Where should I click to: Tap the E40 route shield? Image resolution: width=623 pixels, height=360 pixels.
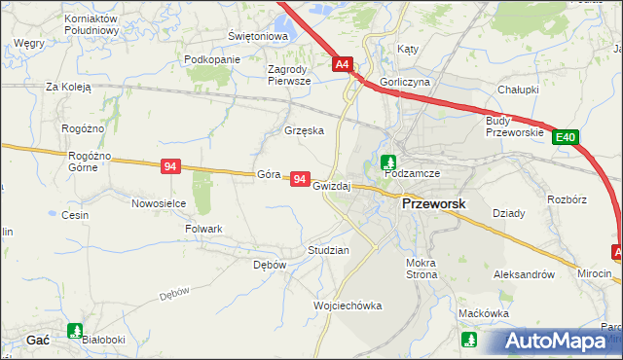coord(568,138)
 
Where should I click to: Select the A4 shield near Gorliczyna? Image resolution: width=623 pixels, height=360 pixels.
coord(342,65)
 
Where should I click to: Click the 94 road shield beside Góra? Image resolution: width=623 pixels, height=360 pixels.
coord(300,180)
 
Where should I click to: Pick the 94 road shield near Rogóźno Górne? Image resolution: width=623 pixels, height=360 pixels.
coord(170,167)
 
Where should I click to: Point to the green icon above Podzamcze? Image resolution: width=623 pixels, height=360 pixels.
coord(388,162)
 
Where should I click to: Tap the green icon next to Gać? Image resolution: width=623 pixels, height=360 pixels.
coord(75,331)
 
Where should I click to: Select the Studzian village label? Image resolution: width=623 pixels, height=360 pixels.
coord(328,250)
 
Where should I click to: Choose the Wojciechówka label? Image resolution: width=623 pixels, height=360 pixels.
coord(348,306)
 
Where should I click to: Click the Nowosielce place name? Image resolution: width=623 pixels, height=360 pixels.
coord(159,203)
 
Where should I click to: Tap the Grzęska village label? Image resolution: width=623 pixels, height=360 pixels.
coord(304,130)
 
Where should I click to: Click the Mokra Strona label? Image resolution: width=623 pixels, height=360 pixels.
coord(422,269)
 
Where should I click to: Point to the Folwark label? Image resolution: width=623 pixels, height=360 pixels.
coord(204,229)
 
